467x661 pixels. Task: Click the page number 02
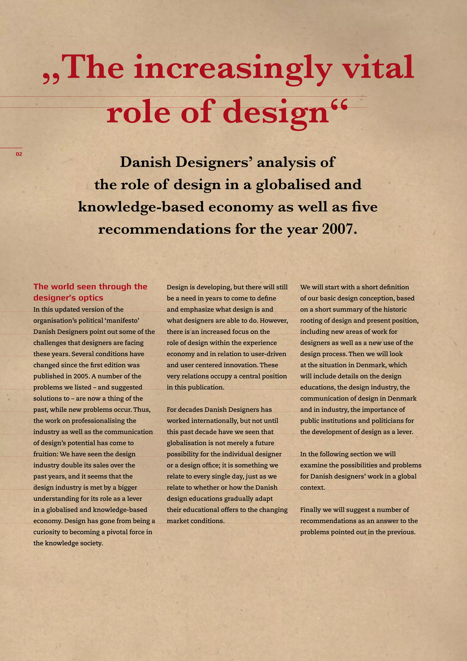coord(19,154)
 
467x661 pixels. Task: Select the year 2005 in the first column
coord(81,376)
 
